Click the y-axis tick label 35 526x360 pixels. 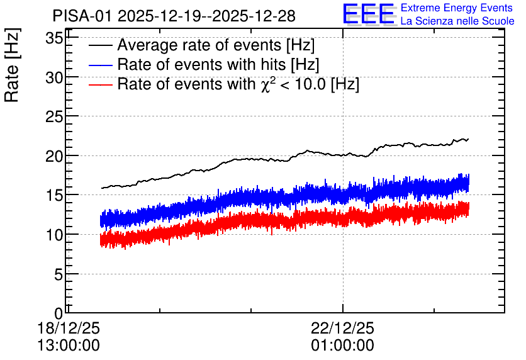54,38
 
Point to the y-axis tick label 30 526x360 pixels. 54,78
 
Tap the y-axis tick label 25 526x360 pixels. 54,117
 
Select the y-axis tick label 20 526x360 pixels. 54,156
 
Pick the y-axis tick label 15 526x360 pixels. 54,196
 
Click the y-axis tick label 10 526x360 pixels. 54,235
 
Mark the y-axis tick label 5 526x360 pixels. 59,275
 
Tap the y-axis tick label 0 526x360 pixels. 59,313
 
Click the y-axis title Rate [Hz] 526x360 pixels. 12,65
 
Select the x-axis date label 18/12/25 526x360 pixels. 69,328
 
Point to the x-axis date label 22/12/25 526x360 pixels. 342,328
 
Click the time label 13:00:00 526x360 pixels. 69,346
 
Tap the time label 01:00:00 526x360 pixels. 342,346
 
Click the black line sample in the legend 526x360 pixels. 100,45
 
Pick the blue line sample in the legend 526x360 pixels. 100,65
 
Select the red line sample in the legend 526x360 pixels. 100,84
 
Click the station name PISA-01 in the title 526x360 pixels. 82,16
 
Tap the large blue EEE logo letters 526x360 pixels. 369,14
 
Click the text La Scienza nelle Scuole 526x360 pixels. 457,21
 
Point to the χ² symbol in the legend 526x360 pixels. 266,84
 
